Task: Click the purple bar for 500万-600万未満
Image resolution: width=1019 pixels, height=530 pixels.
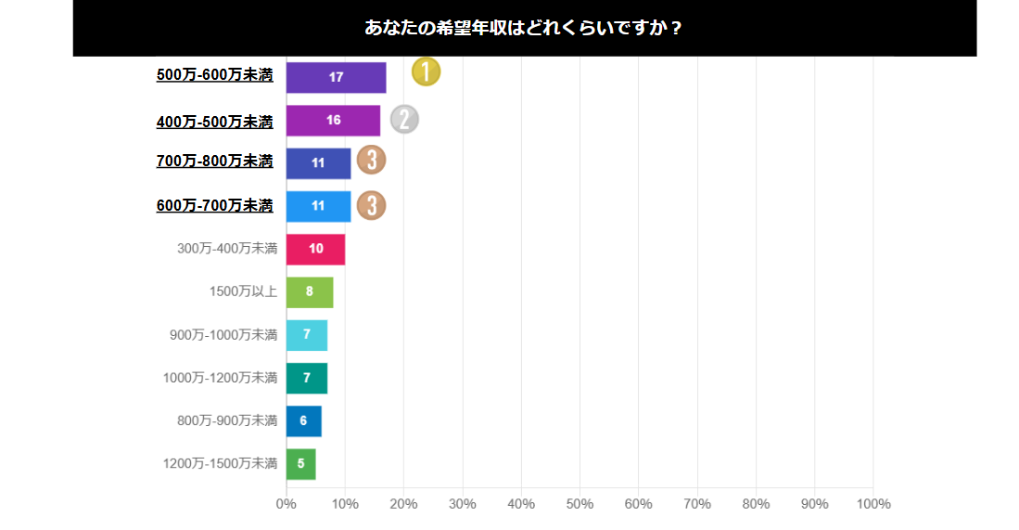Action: [x=336, y=77]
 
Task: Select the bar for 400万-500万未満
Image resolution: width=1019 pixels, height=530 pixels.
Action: [x=333, y=121]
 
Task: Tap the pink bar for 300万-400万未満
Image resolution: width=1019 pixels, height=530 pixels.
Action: [x=315, y=249]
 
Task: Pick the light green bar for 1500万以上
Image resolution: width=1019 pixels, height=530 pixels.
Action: [x=309, y=291]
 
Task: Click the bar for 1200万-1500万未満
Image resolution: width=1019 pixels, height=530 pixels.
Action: [x=300, y=463]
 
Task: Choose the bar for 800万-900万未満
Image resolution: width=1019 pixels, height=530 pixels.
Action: [x=303, y=420]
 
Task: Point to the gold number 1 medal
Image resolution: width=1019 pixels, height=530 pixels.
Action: [x=426, y=71]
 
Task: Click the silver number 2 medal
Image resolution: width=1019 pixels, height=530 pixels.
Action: [x=404, y=119]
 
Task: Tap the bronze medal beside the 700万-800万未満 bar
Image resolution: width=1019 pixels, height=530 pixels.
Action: [x=371, y=160]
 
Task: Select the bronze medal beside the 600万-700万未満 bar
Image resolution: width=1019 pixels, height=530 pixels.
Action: [x=371, y=204]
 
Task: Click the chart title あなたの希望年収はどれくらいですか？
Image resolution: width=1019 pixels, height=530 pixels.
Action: [x=524, y=28]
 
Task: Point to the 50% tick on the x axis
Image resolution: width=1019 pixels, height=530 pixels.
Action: [x=580, y=504]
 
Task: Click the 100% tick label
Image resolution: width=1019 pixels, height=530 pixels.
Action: [x=873, y=504]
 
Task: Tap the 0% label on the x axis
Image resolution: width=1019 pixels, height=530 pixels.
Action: [x=286, y=504]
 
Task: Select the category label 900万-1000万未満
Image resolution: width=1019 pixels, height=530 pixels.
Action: [x=223, y=335]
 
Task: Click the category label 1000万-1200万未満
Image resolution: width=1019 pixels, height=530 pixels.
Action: [x=220, y=378]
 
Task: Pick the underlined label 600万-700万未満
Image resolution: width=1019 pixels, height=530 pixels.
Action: [x=215, y=205]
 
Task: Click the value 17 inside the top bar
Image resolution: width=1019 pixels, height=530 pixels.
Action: [x=336, y=77]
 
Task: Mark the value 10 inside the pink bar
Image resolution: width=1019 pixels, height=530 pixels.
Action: [x=315, y=249]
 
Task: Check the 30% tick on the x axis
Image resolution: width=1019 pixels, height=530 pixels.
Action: [x=463, y=504]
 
